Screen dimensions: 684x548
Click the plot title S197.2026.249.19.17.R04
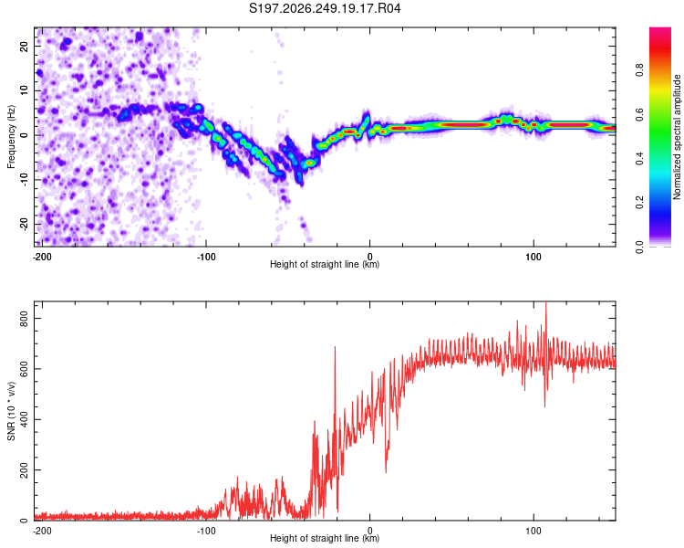[x=325, y=8]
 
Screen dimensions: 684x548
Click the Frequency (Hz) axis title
[x=11, y=137]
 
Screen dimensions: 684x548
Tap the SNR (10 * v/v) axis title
[x=11, y=411]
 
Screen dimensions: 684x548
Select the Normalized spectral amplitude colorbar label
[x=677, y=136]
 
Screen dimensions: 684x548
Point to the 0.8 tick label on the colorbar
[x=639, y=69]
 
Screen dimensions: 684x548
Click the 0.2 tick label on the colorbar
[x=639, y=203]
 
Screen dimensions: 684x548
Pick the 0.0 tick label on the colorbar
[x=639, y=248]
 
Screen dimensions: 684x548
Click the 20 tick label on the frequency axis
[x=24, y=46]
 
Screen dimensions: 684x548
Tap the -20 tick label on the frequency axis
[x=24, y=224]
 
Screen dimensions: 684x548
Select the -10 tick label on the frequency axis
[x=24, y=180]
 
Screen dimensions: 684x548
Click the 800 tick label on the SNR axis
[x=24, y=318]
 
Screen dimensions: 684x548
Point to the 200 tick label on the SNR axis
[x=24, y=469]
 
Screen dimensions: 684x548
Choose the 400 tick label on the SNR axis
[x=24, y=419]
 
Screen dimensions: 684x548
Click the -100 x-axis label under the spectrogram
[x=206, y=257]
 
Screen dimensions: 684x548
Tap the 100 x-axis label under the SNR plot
[x=534, y=531]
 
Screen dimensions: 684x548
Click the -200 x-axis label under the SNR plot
[x=42, y=531]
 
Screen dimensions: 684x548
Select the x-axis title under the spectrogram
[x=325, y=264]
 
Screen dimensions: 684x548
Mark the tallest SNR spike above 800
[x=546, y=303]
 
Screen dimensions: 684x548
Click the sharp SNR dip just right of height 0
[x=386, y=471]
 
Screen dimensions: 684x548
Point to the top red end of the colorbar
[x=660, y=29]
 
